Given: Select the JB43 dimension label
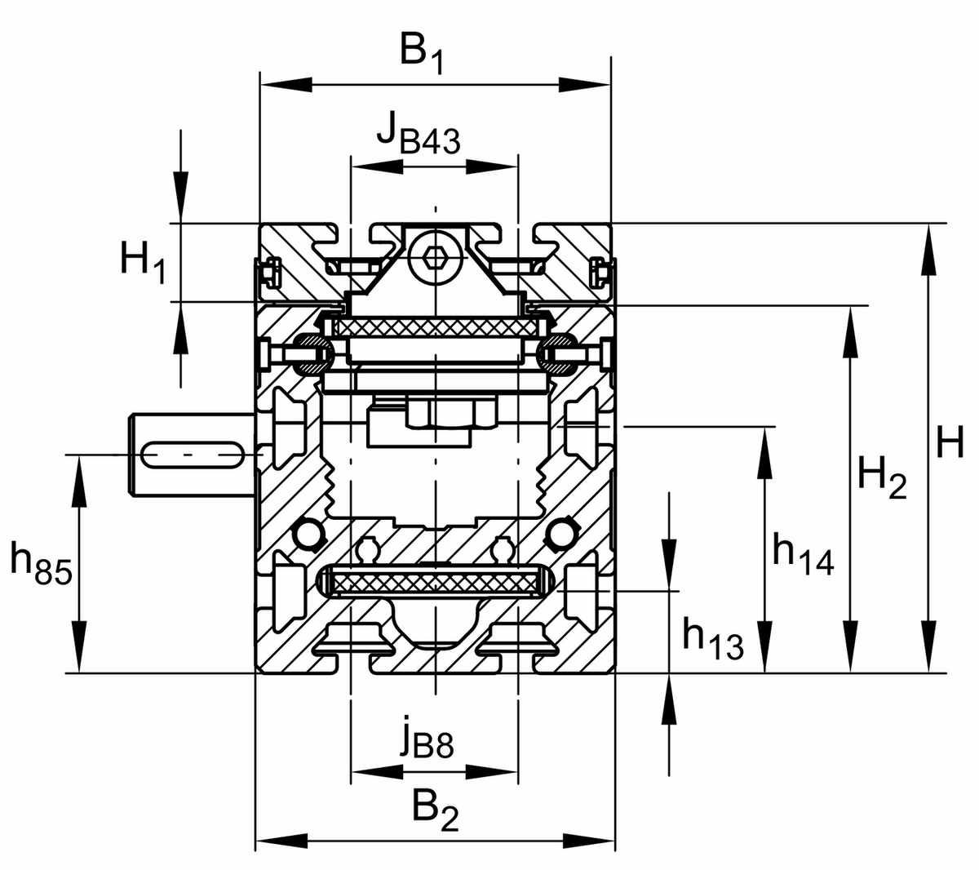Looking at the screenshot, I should [418, 134].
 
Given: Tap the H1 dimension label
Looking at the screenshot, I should [143, 264].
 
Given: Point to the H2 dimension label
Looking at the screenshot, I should [881, 477].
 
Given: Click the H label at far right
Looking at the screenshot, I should [949, 445].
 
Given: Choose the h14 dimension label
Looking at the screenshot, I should [803, 555].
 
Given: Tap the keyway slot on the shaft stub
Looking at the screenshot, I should [193, 454].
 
